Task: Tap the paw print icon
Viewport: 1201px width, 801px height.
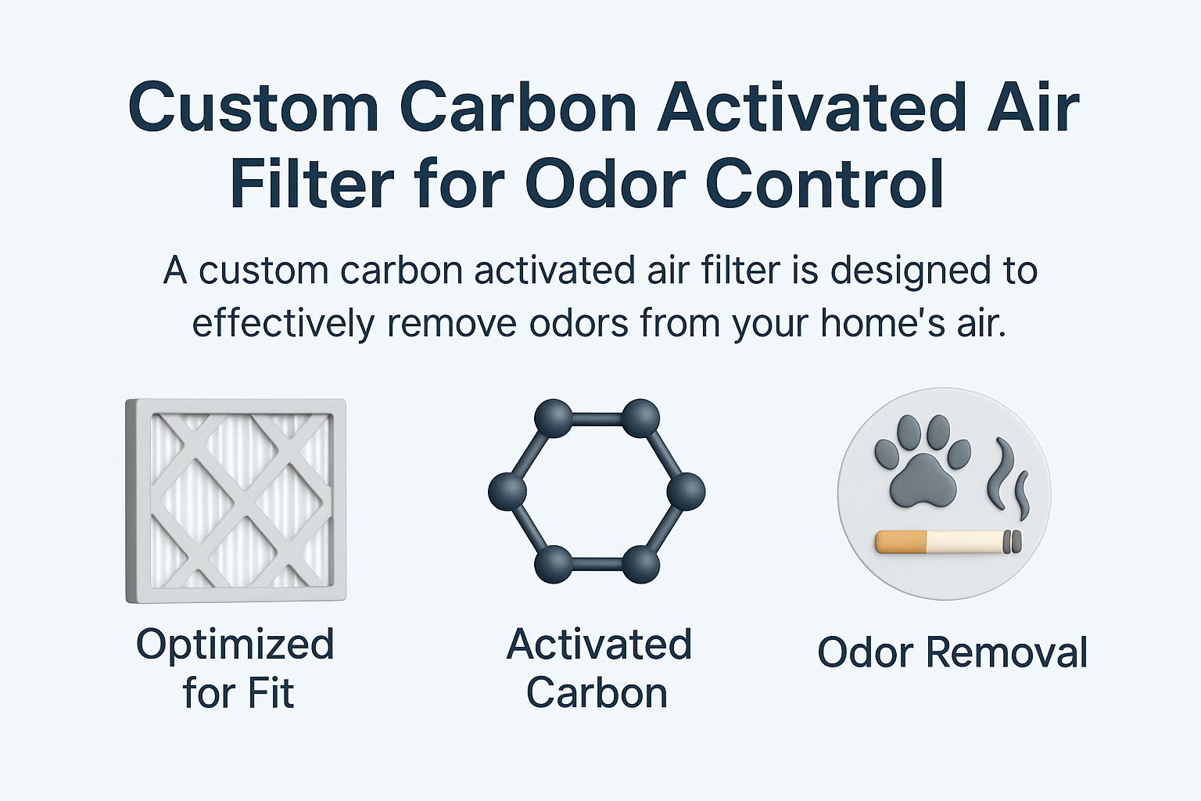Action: coord(923,461)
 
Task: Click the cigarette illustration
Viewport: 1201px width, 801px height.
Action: coord(948,541)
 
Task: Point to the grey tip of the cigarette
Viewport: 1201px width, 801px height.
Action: coord(1013,541)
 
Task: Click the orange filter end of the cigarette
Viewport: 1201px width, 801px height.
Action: coord(901,541)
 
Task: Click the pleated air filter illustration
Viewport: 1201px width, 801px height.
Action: coord(236,501)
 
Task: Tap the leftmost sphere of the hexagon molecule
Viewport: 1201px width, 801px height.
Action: coord(507,491)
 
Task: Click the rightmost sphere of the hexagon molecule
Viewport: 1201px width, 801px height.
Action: coord(686,491)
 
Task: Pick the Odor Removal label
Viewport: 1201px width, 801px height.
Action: coord(953,652)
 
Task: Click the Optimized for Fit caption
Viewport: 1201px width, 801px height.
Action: coord(236,668)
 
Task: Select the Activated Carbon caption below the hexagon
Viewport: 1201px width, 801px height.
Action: coord(598,668)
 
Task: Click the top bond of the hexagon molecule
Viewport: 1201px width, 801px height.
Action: coord(597,418)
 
